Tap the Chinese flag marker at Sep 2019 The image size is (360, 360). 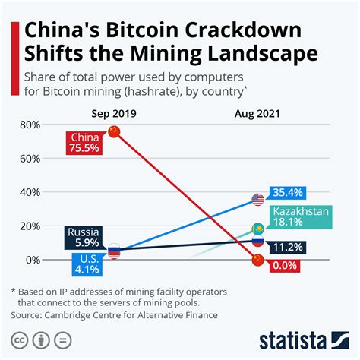click(x=115, y=132)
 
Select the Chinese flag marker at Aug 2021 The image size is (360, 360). click(x=257, y=261)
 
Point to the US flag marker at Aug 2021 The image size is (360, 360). click(x=257, y=200)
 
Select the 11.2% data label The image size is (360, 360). click(x=286, y=246)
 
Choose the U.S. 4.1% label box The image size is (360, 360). click(x=85, y=264)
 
